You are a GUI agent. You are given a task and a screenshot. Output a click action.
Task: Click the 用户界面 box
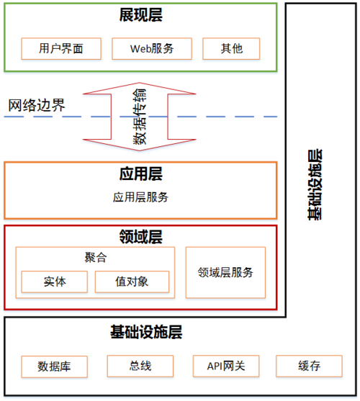(62, 49)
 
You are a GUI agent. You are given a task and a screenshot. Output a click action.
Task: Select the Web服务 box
(152, 49)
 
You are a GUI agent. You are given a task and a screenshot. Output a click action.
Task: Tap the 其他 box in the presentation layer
(231, 49)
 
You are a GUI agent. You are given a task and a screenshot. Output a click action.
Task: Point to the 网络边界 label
(37, 106)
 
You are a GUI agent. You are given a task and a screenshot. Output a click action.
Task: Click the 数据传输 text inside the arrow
(140, 117)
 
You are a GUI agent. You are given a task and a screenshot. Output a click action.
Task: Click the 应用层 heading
(140, 174)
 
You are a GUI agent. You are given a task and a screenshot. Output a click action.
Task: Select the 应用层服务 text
(140, 197)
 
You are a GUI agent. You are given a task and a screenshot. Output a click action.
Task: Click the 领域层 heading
(140, 235)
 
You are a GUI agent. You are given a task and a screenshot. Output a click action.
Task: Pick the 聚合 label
(95, 258)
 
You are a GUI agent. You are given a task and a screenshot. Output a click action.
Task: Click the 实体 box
(55, 281)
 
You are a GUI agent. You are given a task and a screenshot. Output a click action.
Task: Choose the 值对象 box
(132, 281)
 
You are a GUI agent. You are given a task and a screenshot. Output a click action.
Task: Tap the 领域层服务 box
(225, 272)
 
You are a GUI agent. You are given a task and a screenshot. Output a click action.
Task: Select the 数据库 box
(54, 366)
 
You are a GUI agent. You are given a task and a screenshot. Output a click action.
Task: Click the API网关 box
(225, 366)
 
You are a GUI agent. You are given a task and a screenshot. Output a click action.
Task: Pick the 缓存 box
(309, 366)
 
